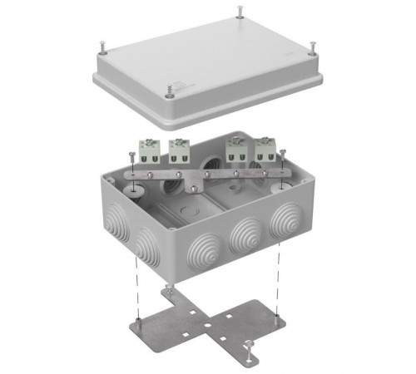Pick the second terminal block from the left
[178, 150]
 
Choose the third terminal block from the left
[236, 150]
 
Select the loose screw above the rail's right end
[283, 155]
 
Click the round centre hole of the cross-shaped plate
[206, 320]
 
